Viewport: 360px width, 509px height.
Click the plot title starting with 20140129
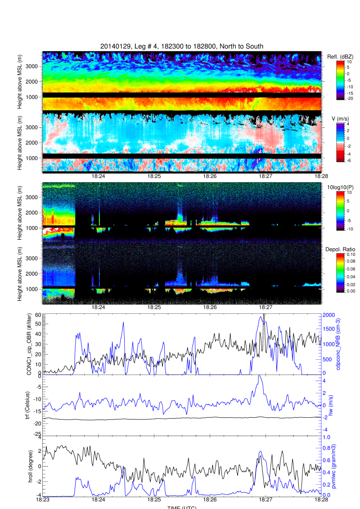point(182,46)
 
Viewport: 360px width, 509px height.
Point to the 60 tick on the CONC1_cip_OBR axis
point(38,316)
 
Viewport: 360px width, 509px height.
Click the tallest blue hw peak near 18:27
point(259,375)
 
